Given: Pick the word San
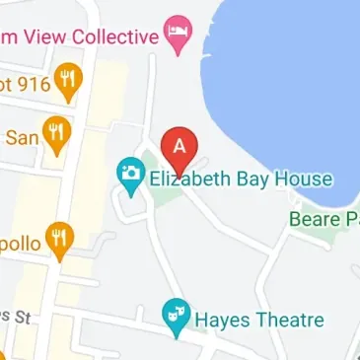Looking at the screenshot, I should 23,136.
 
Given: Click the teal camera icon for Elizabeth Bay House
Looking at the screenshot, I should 129,176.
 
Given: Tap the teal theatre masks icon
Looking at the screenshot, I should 176,315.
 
